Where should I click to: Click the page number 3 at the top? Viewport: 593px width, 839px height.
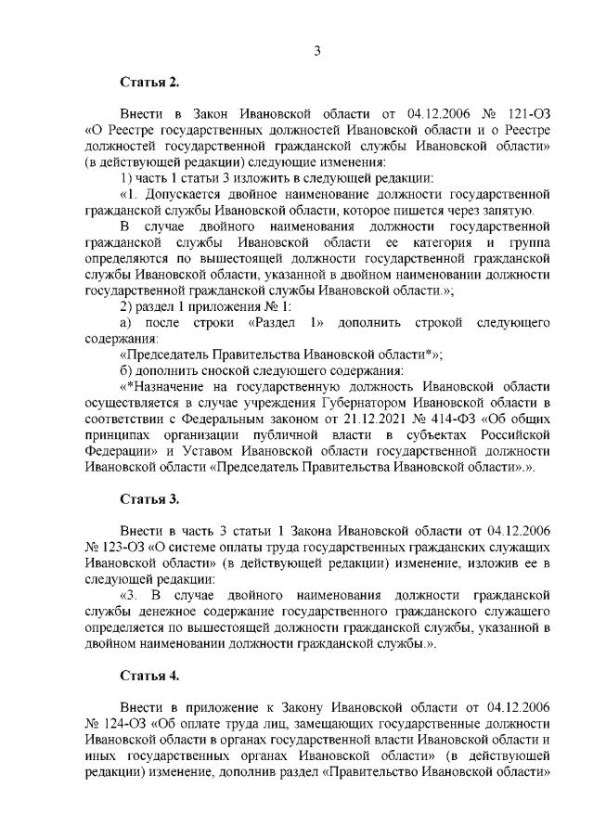pyautogui.click(x=316, y=51)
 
